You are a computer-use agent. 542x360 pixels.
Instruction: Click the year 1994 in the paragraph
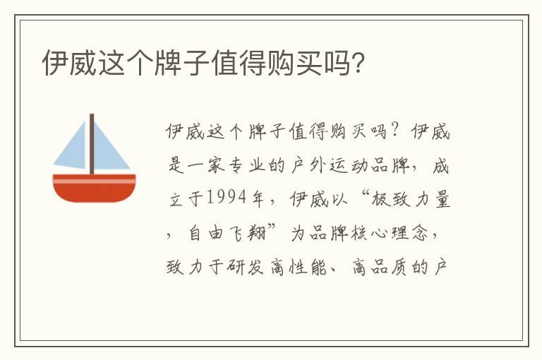click(226, 200)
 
